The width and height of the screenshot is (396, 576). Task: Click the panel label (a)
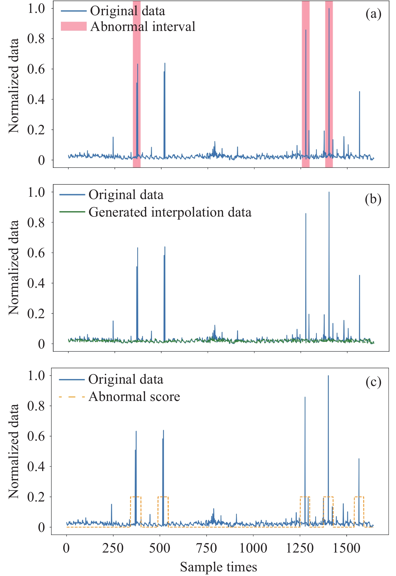point(373,14)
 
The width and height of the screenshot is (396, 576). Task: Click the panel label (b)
point(373,199)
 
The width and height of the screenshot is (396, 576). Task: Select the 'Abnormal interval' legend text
point(143,27)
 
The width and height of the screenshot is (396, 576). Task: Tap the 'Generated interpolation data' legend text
point(170,212)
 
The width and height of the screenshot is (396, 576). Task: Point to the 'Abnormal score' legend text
point(134,397)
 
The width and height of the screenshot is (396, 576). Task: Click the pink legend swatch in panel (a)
point(74,26)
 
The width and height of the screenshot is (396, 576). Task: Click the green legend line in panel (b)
point(72,212)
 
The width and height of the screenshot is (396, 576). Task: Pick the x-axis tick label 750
point(206,548)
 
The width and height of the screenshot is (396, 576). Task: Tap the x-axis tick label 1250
point(300,548)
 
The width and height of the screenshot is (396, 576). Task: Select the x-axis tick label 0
point(66,548)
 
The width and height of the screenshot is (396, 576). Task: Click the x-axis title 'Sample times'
point(218,567)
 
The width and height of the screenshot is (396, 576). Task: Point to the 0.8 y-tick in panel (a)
point(36,39)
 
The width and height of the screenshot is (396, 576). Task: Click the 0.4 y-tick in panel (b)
point(36,283)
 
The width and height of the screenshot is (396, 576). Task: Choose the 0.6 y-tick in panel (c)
point(36,436)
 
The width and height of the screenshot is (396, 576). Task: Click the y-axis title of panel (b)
point(13,267)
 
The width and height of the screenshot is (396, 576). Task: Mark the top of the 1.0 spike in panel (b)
point(329,192)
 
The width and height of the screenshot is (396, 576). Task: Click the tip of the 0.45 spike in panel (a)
point(359,92)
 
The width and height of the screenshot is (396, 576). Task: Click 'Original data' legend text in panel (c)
point(126,380)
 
